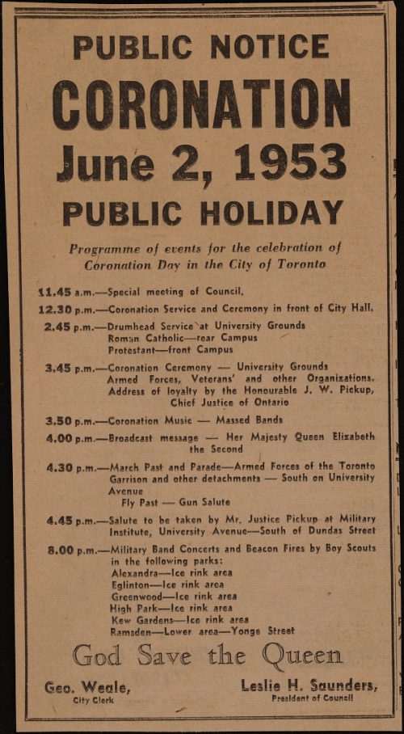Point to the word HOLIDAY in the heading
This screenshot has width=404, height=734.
[x=272, y=213]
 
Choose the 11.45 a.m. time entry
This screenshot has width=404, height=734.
[x=65, y=291]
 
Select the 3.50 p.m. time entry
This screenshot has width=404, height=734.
[x=69, y=420]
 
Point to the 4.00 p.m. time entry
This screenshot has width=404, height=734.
[x=69, y=437]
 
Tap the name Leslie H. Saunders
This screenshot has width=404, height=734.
[x=309, y=685]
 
